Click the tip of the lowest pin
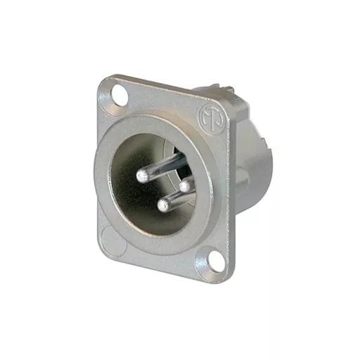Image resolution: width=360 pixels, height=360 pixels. tap(164, 205)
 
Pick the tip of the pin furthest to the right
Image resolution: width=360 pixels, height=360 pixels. tap(186, 186)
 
